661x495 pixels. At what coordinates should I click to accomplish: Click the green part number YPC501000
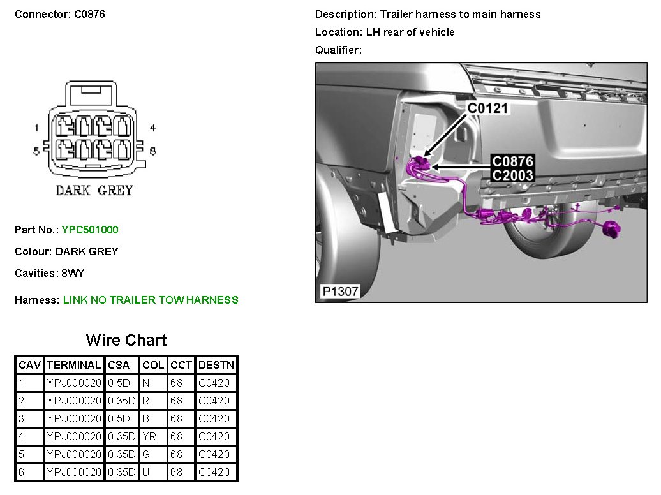(90, 230)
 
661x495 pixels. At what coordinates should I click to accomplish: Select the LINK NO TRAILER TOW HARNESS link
(151, 300)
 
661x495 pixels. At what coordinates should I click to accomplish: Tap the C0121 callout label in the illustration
(487, 108)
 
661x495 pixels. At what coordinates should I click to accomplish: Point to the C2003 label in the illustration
(512, 175)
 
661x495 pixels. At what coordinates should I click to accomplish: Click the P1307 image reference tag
(340, 292)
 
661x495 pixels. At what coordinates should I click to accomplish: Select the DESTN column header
(216, 365)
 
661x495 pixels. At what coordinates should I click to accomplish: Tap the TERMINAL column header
(74, 365)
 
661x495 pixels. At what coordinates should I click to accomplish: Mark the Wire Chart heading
(126, 340)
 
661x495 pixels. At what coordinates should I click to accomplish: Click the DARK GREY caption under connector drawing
(94, 191)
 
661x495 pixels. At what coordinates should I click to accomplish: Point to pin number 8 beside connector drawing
(152, 151)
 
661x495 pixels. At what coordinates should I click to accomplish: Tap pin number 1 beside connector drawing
(36, 128)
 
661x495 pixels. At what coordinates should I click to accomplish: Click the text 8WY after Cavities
(73, 273)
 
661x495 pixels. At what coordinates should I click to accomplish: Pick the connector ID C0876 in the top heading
(89, 14)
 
